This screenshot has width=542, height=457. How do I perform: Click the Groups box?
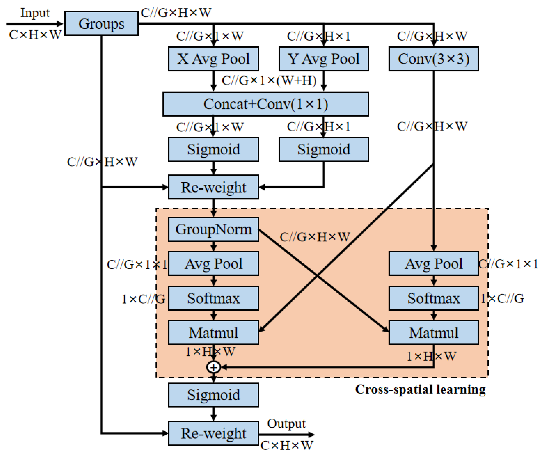click(x=101, y=23)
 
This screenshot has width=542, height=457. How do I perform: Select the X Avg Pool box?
click(x=213, y=59)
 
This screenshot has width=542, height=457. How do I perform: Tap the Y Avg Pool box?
click(x=324, y=59)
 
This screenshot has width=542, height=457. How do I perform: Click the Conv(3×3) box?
click(x=433, y=59)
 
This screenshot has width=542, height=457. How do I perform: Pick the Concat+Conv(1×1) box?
click(x=265, y=104)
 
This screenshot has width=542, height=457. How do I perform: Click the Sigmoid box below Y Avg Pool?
click(x=324, y=149)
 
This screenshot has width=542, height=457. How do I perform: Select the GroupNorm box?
click(x=213, y=229)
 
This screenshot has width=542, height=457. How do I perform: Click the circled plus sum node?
click(x=213, y=367)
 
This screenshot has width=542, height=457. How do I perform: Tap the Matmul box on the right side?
click(x=433, y=332)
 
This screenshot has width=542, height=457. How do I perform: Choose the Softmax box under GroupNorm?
click(x=213, y=298)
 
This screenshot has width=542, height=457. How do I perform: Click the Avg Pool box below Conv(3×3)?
click(x=433, y=263)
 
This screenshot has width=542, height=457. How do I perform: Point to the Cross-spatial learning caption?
click(x=420, y=389)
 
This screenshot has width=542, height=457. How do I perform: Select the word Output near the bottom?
click(x=286, y=424)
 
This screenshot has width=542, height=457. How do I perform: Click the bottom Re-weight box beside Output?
click(x=213, y=433)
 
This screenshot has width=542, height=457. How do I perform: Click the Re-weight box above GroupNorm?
click(x=213, y=187)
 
